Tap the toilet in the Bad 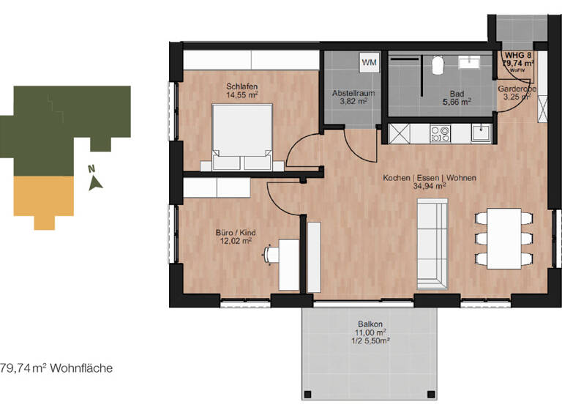pos(438,65)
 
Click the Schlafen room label pos(241,86)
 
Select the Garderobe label pos(517,89)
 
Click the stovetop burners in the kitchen pos(441,133)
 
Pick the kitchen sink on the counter pos(481,133)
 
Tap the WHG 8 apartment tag pos(517,54)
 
